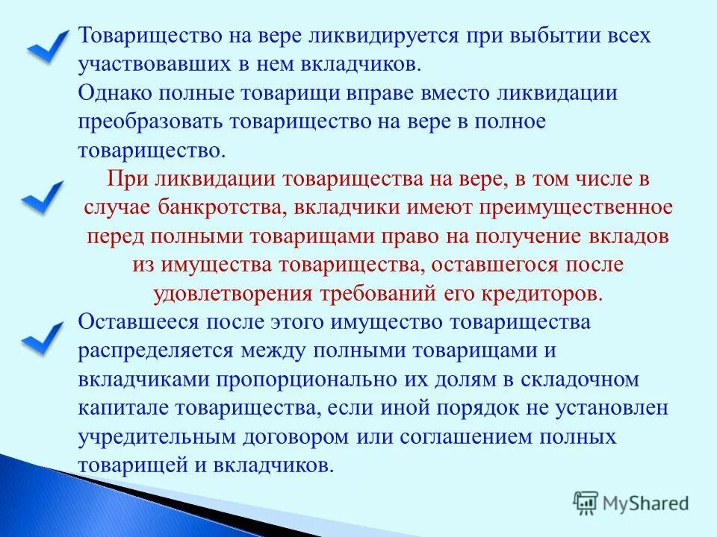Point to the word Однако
(x=118, y=93)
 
